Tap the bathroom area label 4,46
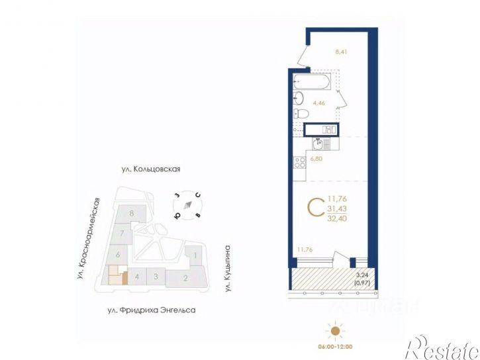(x=318, y=103)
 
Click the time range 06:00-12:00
(x=336, y=345)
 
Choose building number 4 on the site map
(x=136, y=277)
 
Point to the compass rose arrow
(x=189, y=205)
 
